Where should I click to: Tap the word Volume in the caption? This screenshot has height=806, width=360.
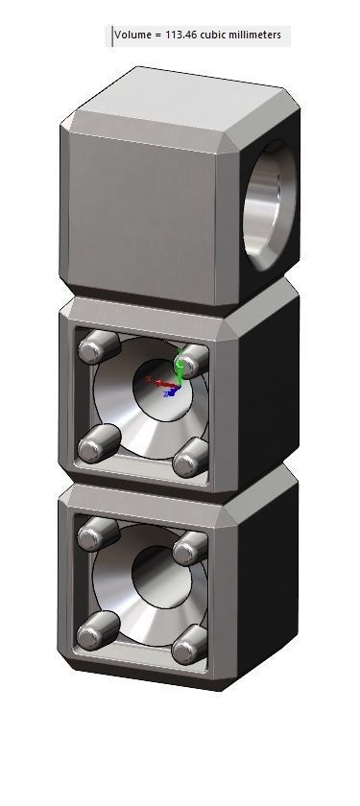(132, 36)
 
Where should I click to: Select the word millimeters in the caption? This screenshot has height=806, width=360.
(252, 36)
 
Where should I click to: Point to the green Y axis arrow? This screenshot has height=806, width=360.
(178, 368)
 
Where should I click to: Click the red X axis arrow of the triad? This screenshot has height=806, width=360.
(156, 383)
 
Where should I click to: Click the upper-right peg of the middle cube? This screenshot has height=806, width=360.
(194, 361)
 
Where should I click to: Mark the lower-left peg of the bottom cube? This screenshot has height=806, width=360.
(95, 631)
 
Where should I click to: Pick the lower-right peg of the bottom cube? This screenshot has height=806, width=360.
(189, 647)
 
